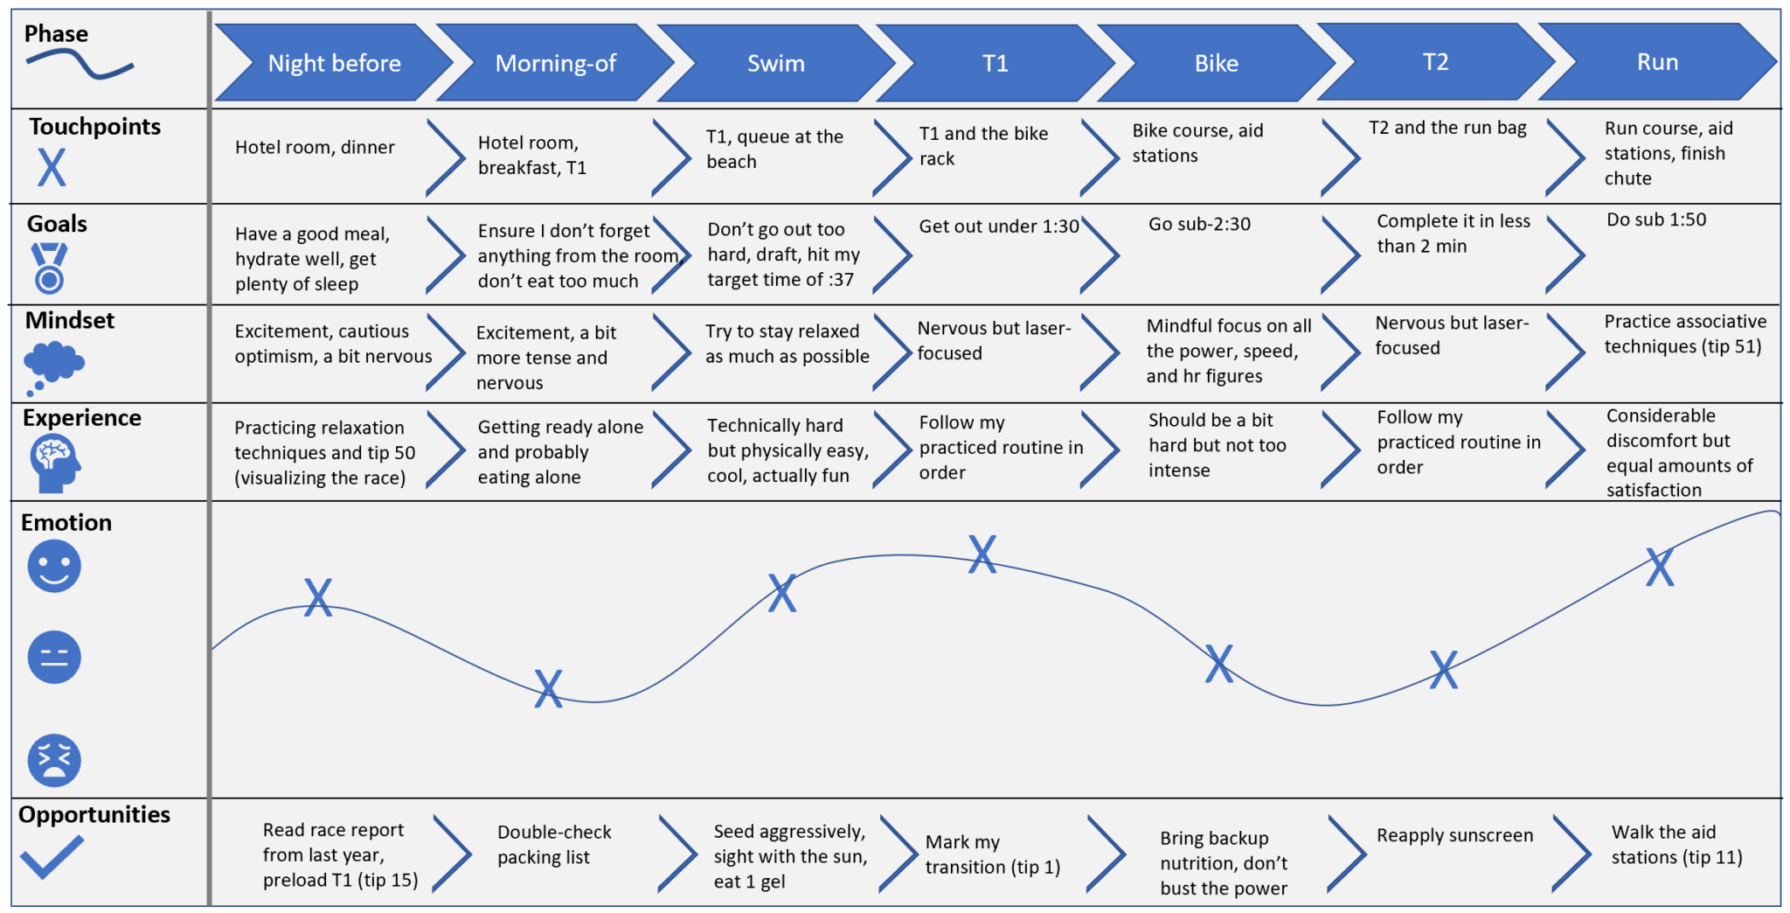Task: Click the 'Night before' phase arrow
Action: (334, 63)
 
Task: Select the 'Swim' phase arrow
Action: (775, 63)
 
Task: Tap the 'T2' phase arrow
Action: (1435, 62)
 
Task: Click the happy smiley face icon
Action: (54, 566)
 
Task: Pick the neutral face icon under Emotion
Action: (54, 657)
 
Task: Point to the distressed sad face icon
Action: (54, 760)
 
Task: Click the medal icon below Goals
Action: (49, 268)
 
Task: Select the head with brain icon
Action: (54, 463)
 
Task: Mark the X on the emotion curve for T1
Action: (982, 554)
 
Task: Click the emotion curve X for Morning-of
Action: (548, 688)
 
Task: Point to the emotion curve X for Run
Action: (1659, 567)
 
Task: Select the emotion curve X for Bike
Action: (1218, 664)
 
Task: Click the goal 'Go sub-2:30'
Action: (1199, 225)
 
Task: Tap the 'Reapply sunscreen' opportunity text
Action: (1454, 835)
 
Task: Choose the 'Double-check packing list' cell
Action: (553, 845)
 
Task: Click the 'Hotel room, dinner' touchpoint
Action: (315, 148)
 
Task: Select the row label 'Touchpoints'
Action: (94, 127)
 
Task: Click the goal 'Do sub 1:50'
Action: (1655, 220)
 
